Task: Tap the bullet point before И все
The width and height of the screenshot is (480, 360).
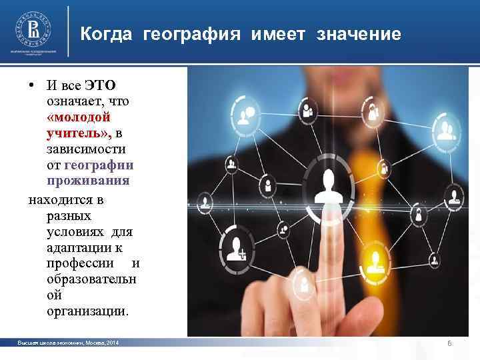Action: coord(31,85)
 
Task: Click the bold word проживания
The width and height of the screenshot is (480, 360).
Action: coord(88,181)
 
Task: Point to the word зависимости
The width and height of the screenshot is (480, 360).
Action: coord(87,149)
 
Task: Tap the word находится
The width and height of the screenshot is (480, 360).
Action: coord(58,200)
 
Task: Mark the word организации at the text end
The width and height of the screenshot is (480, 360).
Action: coord(88,311)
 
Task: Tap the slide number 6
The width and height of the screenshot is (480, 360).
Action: coord(450,343)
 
